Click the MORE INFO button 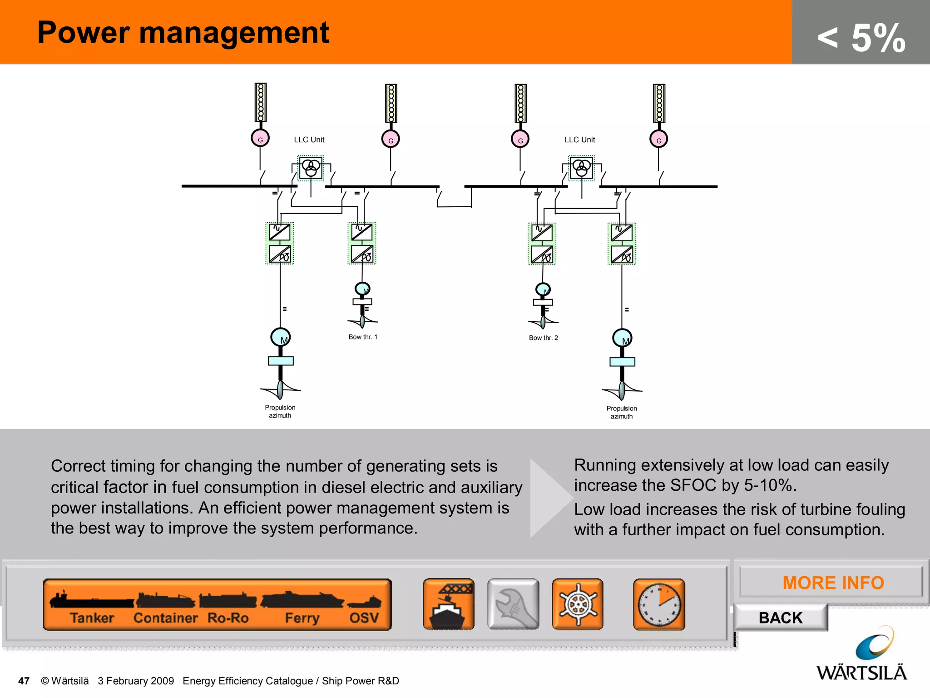pos(832,583)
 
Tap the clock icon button pos(659,604)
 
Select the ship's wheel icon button pos(578,604)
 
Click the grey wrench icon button pos(513,604)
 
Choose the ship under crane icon pos(449,604)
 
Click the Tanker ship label pos(92,618)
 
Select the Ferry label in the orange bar pos(302,618)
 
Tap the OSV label pos(364,618)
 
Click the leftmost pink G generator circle pos(260,138)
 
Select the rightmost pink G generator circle pos(658,140)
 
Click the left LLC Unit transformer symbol pos(311,168)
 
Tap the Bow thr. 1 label pos(363,337)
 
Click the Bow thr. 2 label pos(543,338)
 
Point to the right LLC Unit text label pos(579,140)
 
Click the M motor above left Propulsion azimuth pos(281,338)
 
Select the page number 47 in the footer pos(24,681)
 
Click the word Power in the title pos(83,33)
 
